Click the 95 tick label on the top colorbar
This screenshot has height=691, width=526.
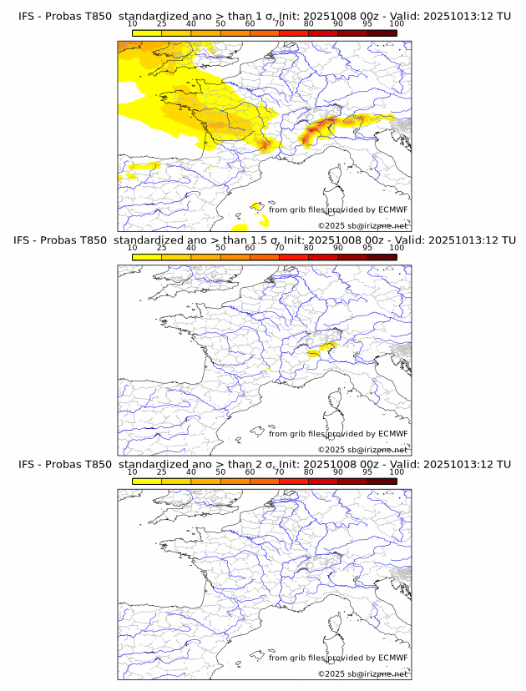tap(367, 23)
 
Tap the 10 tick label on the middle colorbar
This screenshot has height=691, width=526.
tap(133, 247)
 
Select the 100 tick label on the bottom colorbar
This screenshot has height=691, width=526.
tap(397, 472)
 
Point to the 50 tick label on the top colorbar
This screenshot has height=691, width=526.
tap(220, 23)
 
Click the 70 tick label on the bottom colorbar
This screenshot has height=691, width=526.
tap(279, 472)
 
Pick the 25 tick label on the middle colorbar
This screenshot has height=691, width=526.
tap(162, 247)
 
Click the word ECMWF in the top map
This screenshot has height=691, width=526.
tap(392, 209)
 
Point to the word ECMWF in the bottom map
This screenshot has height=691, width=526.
tap(392, 658)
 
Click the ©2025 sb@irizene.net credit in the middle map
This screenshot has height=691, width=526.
tap(362, 449)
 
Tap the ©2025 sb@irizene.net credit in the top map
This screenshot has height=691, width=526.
tap(362, 225)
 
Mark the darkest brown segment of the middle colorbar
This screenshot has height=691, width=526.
tap(382, 256)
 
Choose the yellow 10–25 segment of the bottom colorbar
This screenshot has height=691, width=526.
tap(147, 481)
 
